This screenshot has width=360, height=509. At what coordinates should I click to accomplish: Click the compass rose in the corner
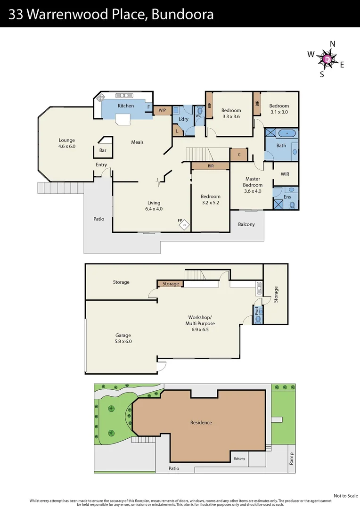pos(327,59)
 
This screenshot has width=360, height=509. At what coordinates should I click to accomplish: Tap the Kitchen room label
pos(126,106)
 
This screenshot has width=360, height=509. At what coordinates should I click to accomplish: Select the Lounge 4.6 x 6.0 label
pos(67,143)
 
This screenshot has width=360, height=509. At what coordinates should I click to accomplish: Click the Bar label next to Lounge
pos(103,151)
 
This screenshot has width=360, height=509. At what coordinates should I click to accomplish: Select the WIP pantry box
pos(162,110)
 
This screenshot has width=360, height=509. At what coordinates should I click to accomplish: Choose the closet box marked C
pos(239,154)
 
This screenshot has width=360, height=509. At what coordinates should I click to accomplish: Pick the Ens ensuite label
pos(287,197)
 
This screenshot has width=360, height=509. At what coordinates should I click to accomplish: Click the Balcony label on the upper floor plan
pos(246,224)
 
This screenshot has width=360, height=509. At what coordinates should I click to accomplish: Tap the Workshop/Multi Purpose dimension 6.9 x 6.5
pos(201,330)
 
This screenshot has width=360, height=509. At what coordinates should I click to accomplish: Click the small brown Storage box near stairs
pos(171,284)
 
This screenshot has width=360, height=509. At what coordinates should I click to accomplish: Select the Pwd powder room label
pos(257,312)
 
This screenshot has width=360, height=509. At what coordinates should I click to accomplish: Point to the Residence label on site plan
pos(201,423)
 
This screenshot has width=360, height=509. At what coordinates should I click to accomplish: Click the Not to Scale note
pos(345,495)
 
